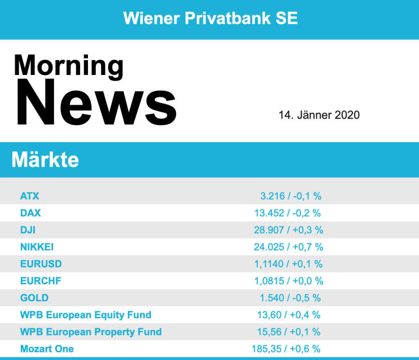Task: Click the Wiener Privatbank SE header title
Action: tap(210, 18)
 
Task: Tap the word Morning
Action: tap(68, 66)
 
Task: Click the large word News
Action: tap(96, 102)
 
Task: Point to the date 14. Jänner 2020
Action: tap(319, 115)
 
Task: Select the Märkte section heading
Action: tap(45, 160)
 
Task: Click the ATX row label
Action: tap(30, 196)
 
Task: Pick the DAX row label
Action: tap(31, 213)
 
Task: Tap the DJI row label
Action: tap(28, 230)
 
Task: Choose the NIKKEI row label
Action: tap(37, 247)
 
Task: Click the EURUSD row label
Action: tap(41, 264)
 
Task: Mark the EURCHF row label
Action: tap(41, 281)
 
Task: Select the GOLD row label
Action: tap(34, 298)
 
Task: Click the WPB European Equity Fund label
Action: tap(86, 315)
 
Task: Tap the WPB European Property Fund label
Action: tap(91, 332)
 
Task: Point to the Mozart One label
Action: tap(47, 349)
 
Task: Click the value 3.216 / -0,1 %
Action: tap(291, 196)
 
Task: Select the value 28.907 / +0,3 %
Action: tap(288, 230)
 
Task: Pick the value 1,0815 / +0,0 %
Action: tap(288, 281)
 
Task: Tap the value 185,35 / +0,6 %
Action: tap(286, 349)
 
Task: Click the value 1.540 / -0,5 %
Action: tap(290, 298)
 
